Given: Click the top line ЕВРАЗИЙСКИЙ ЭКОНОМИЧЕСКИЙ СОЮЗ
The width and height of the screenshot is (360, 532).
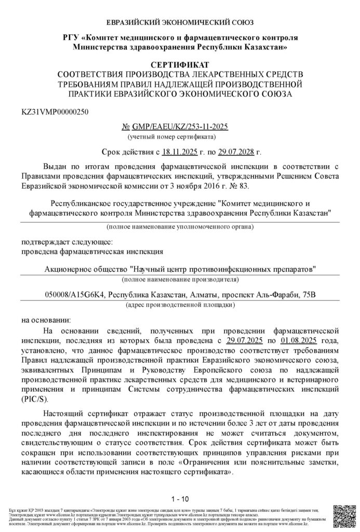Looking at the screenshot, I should [180, 23].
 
